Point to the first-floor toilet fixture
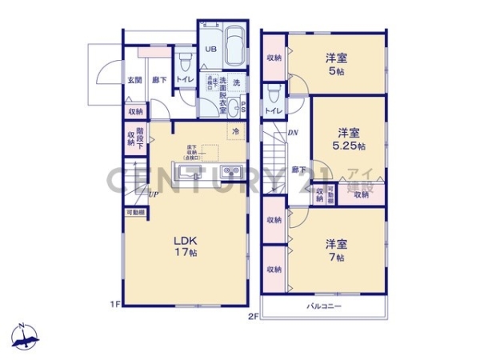tap(185, 59)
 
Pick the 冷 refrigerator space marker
tap(235, 130)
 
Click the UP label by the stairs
tap(152, 193)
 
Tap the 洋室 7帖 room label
tap(335, 250)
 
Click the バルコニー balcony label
tap(324, 306)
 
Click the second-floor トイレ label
tap(272, 110)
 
